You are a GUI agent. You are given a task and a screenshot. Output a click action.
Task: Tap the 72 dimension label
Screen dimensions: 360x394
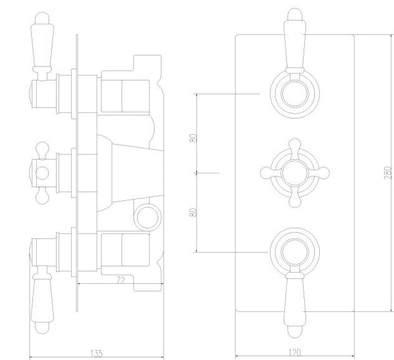click(120, 281)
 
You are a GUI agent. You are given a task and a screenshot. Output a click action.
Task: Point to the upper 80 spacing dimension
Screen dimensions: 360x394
click(192, 140)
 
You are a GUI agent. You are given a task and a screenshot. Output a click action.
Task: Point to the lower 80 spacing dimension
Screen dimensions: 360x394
click(192, 213)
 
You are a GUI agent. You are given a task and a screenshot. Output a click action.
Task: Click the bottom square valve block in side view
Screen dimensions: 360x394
click(118, 252)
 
